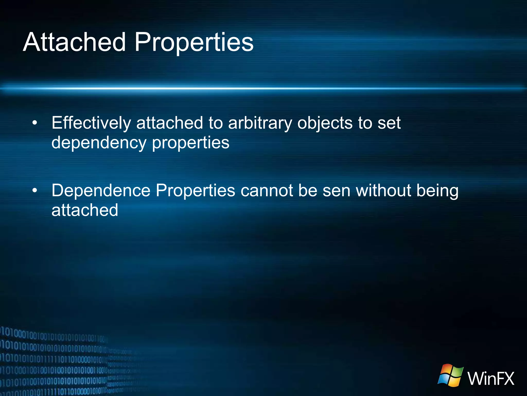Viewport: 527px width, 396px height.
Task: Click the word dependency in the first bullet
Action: [99, 143]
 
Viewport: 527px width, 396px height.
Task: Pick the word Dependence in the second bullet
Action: [101, 191]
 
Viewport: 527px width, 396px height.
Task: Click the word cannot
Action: [266, 191]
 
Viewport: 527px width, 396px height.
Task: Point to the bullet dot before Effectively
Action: [35, 123]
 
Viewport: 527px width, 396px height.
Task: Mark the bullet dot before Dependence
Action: [35, 191]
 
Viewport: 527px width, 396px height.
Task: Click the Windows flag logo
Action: [450, 375]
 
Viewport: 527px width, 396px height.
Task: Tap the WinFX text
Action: [491, 378]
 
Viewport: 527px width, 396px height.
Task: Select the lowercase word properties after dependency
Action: [190, 143]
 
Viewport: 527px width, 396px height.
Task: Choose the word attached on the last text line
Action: [85, 210]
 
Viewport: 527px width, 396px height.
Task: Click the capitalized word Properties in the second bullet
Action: [195, 191]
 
